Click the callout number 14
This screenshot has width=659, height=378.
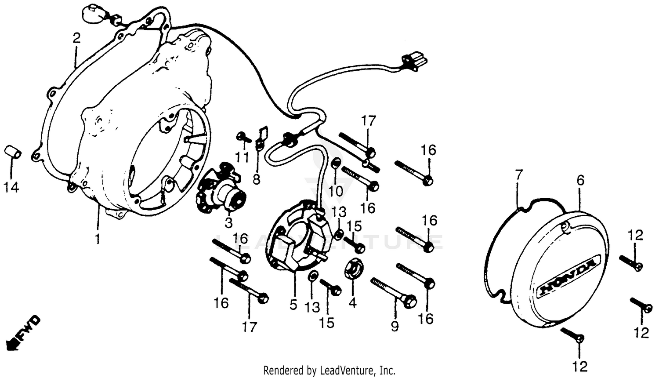11,188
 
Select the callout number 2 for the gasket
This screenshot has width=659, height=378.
76,38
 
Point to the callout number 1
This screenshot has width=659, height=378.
98,239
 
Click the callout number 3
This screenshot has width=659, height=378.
228,223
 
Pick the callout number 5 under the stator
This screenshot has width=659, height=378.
293,304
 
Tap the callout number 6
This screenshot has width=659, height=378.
580,180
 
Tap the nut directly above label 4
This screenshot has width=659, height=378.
354,269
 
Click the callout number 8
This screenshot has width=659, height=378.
256,179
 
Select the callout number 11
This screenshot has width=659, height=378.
242,157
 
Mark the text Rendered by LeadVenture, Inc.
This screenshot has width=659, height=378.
329,370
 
